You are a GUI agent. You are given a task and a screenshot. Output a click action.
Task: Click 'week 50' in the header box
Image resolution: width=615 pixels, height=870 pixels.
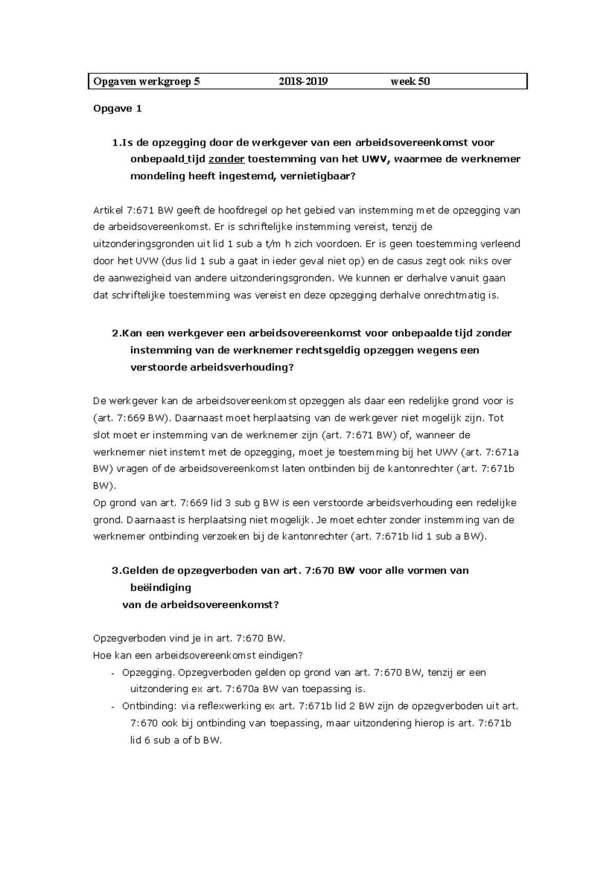coord(410,81)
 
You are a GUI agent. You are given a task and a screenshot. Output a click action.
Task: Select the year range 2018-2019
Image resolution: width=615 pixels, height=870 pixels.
coord(303,81)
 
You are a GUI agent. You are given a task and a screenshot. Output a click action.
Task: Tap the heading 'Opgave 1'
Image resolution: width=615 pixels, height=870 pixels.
coord(117,109)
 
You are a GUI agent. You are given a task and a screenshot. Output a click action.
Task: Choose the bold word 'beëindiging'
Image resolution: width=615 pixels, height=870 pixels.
coord(161,588)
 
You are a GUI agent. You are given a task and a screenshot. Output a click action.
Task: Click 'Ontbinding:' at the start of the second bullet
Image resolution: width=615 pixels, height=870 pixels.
coord(149,706)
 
